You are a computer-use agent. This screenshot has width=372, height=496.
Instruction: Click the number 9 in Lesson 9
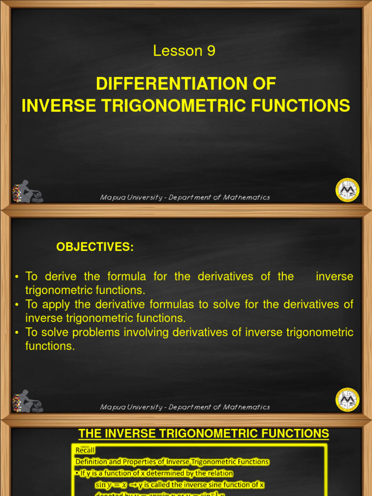click(211, 51)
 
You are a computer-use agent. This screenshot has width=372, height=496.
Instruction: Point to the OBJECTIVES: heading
click(95, 247)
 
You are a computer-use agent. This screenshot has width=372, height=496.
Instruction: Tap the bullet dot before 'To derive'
click(16, 277)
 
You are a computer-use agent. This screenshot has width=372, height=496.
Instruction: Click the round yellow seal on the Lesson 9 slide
click(347, 189)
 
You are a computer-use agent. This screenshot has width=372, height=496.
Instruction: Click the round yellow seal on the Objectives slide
click(347, 400)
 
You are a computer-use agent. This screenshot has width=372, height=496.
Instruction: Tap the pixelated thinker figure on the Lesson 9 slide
click(27, 192)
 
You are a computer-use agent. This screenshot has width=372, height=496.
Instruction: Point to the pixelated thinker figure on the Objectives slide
click(27, 402)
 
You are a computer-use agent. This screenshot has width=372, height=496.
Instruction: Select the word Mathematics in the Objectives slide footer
click(247, 407)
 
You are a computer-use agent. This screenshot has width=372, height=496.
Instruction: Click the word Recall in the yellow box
click(85, 450)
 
